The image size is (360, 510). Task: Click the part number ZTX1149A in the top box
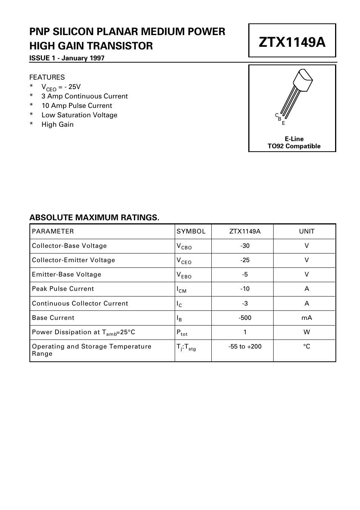(292, 42)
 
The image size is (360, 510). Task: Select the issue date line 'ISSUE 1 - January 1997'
(67, 58)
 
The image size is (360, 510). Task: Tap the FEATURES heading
(47, 77)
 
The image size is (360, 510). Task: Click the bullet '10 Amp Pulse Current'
(77, 106)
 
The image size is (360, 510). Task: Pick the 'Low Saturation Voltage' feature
(79, 115)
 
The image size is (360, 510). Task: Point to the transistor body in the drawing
(303, 80)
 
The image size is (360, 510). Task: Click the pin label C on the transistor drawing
(277, 115)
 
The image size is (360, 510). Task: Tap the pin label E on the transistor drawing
(283, 123)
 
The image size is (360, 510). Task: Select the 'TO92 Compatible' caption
(294, 146)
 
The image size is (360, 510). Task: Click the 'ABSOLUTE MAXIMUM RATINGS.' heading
(94, 218)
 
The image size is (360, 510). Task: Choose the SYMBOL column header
(191, 232)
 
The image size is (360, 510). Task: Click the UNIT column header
(306, 232)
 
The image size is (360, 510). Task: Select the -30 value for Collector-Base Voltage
(245, 246)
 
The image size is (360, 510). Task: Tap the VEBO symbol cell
(184, 275)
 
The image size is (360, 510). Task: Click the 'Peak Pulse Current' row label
(63, 289)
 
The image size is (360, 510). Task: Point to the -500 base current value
(245, 318)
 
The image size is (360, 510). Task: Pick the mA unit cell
(306, 318)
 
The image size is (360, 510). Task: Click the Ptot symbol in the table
(182, 333)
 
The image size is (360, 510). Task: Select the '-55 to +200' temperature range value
(245, 347)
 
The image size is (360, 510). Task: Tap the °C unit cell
(306, 347)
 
